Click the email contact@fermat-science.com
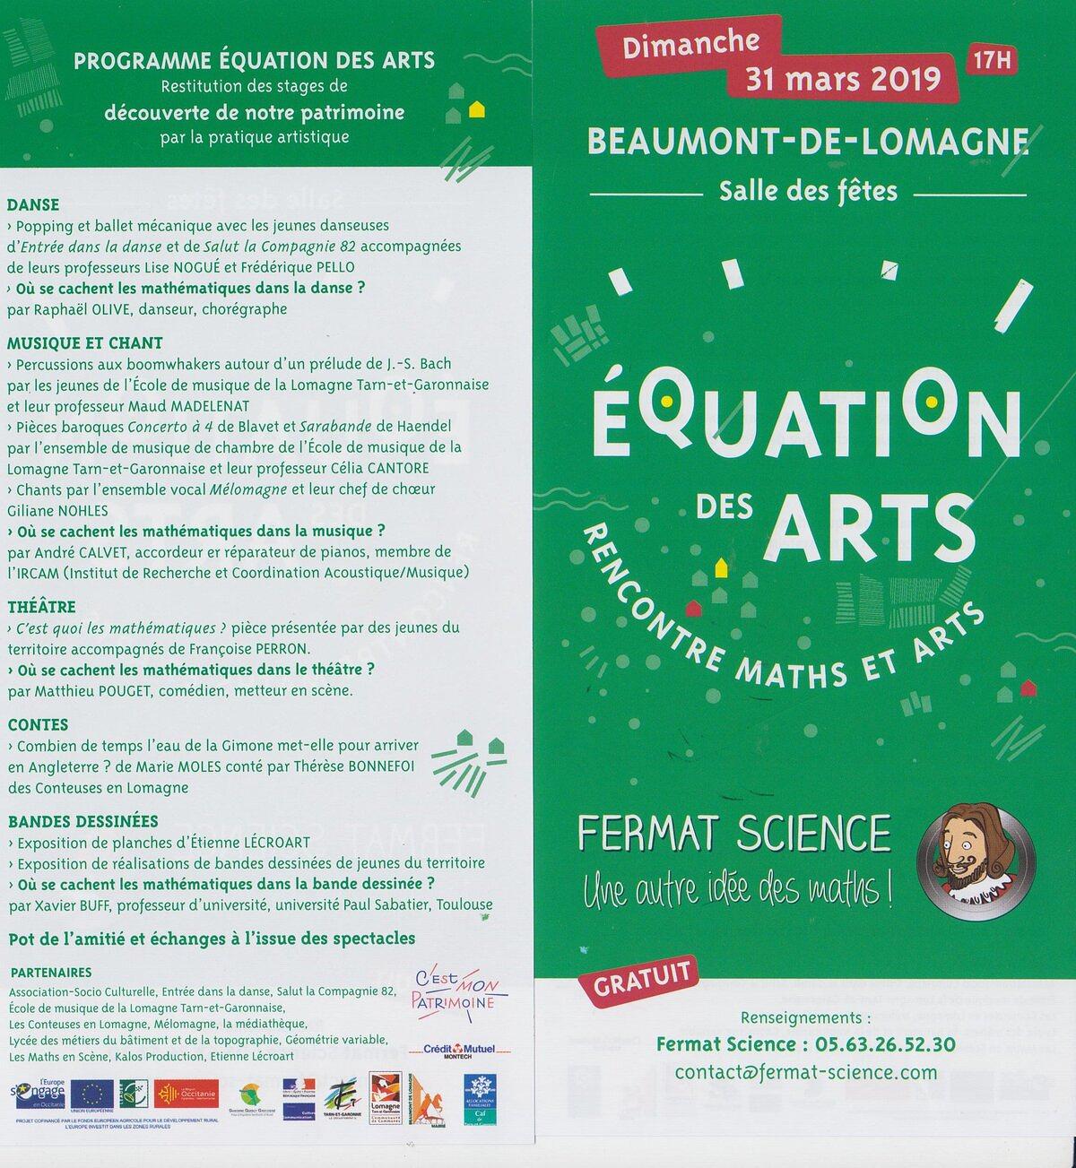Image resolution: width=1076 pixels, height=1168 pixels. click(x=806, y=1072)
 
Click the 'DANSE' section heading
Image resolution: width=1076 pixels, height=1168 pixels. click(x=33, y=205)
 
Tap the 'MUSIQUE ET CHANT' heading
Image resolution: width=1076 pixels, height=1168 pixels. click(x=85, y=342)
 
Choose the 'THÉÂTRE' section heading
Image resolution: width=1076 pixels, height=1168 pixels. click(x=41, y=607)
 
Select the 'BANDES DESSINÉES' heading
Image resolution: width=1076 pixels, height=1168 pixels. click(x=82, y=821)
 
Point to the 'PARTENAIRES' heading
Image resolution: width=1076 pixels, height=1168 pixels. click(x=51, y=973)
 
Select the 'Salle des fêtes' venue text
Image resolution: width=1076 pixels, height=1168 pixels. click(x=807, y=191)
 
